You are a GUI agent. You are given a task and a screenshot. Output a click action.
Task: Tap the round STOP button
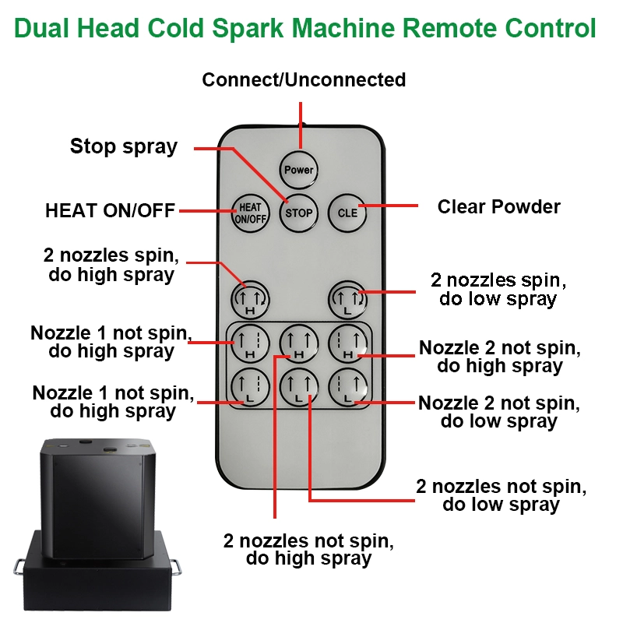click(299, 213)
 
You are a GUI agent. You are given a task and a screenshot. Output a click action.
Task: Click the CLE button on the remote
click(347, 213)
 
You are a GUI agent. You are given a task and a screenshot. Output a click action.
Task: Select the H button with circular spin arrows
click(250, 300)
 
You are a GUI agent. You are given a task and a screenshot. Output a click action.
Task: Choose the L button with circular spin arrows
click(347, 300)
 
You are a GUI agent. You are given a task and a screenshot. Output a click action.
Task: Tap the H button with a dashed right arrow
click(250, 343)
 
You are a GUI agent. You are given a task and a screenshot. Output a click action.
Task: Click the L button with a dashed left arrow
click(348, 387)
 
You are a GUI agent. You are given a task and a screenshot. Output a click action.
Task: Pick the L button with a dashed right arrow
click(250, 387)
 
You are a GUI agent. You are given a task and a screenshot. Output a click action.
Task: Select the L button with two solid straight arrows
click(299, 387)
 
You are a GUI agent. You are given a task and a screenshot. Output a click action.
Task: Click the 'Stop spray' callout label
click(124, 147)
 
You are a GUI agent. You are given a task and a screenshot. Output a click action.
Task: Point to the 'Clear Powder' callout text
click(499, 206)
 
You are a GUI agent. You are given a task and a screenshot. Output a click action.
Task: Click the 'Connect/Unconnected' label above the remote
click(304, 79)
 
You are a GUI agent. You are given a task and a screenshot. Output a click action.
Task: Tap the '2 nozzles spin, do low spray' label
click(498, 290)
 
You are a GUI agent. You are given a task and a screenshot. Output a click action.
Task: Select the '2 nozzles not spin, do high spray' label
click(308, 550)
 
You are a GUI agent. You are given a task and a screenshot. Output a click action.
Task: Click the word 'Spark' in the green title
click(248, 29)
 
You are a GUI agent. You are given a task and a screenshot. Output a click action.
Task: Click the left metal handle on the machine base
click(18, 567)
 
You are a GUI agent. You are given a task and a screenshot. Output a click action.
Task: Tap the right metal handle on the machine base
click(176, 567)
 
